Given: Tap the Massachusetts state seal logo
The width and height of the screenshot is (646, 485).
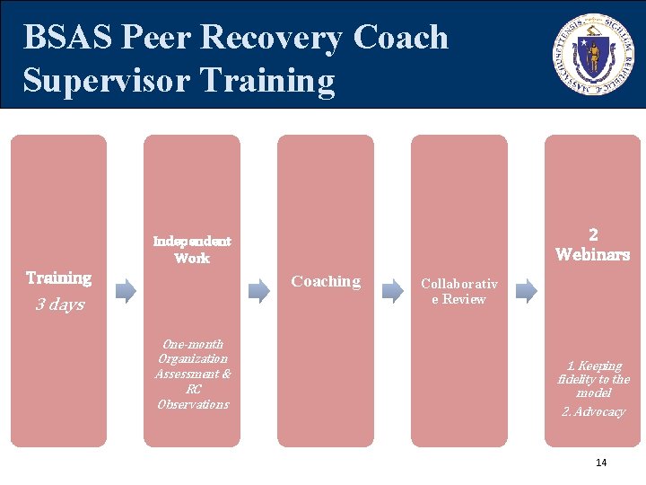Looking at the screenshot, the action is [x=593, y=54].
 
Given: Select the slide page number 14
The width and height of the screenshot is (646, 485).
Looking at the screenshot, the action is [x=601, y=463].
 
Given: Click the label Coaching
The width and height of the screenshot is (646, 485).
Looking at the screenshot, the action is [x=326, y=281].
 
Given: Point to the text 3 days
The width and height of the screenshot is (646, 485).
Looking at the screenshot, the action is [x=60, y=304].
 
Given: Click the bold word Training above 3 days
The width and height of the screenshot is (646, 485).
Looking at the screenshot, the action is [x=58, y=278].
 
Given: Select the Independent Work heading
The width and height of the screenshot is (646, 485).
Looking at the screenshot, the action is [x=192, y=250].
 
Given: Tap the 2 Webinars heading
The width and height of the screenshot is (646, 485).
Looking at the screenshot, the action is [x=592, y=244].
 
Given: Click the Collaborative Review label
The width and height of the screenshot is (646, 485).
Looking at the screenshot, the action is [x=458, y=291].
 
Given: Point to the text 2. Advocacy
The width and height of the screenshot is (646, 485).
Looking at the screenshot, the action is [x=593, y=411].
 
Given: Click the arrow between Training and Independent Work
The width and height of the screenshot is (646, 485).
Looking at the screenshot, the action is [x=126, y=290].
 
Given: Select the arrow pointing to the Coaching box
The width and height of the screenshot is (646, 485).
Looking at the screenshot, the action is [x=258, y=290].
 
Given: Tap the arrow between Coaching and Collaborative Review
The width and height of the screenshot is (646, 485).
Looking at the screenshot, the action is [x=393, y=290].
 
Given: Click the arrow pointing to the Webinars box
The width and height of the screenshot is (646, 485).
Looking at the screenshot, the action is [x=527, y=290].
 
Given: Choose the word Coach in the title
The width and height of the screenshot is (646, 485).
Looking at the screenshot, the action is [x=400, y=38].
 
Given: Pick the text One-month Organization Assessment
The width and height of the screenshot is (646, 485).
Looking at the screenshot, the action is [x=192, y=358].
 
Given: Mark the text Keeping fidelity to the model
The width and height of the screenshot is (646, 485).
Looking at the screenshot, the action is [x=593, y=379].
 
